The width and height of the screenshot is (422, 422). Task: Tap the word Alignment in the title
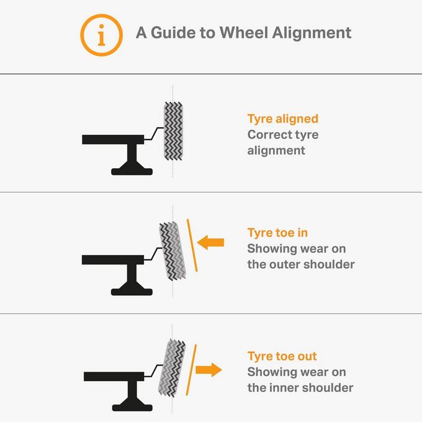click(312, 34)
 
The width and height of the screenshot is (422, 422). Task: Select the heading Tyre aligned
click(282, 119)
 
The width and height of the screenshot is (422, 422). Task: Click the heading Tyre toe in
click(277, 233)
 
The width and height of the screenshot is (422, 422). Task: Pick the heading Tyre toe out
click(282, 356)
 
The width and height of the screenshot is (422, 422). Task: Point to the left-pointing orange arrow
click(210, 242)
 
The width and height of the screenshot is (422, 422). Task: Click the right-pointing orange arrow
click(209, 370)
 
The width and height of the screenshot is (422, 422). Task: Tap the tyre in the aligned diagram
click(173, 131)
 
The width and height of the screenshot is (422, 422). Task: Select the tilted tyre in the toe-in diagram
click(173, 251)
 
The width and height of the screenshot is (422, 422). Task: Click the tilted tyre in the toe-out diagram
click(172, 368)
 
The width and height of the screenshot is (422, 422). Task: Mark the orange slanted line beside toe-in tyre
click(192, 245)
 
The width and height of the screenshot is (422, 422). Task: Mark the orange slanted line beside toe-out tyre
click(191, 370)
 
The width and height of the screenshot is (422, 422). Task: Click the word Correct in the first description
click(267, 135)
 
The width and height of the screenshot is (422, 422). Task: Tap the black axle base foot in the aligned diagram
click(132, 171)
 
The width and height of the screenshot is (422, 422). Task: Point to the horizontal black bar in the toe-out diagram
click(114, 377)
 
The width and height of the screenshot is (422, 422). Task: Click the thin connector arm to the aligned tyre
click(154, 133)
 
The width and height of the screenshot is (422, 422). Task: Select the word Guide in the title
click(173, 33)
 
